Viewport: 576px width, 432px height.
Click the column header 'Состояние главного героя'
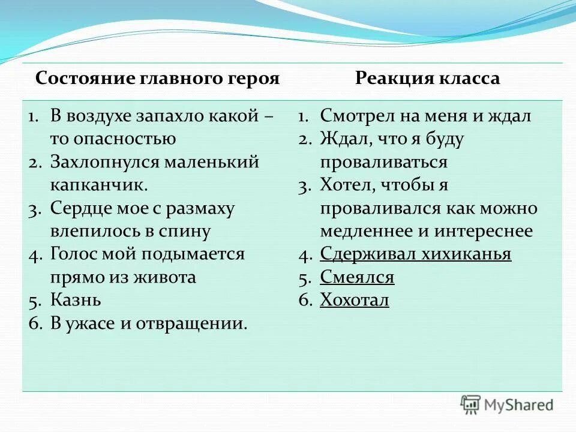point(158,79)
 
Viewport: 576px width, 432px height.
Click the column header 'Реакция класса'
point(427,79)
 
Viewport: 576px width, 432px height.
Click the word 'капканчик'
point(98,185)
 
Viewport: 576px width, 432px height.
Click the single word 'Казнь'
point(76,300)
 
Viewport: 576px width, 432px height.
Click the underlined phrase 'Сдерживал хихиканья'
point(415,254)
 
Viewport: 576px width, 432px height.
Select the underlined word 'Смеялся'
point(357,277)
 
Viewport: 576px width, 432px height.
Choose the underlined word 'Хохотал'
point(355,300)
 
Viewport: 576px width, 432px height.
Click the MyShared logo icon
point(471,404)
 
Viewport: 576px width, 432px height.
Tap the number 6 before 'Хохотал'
point(304,301)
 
